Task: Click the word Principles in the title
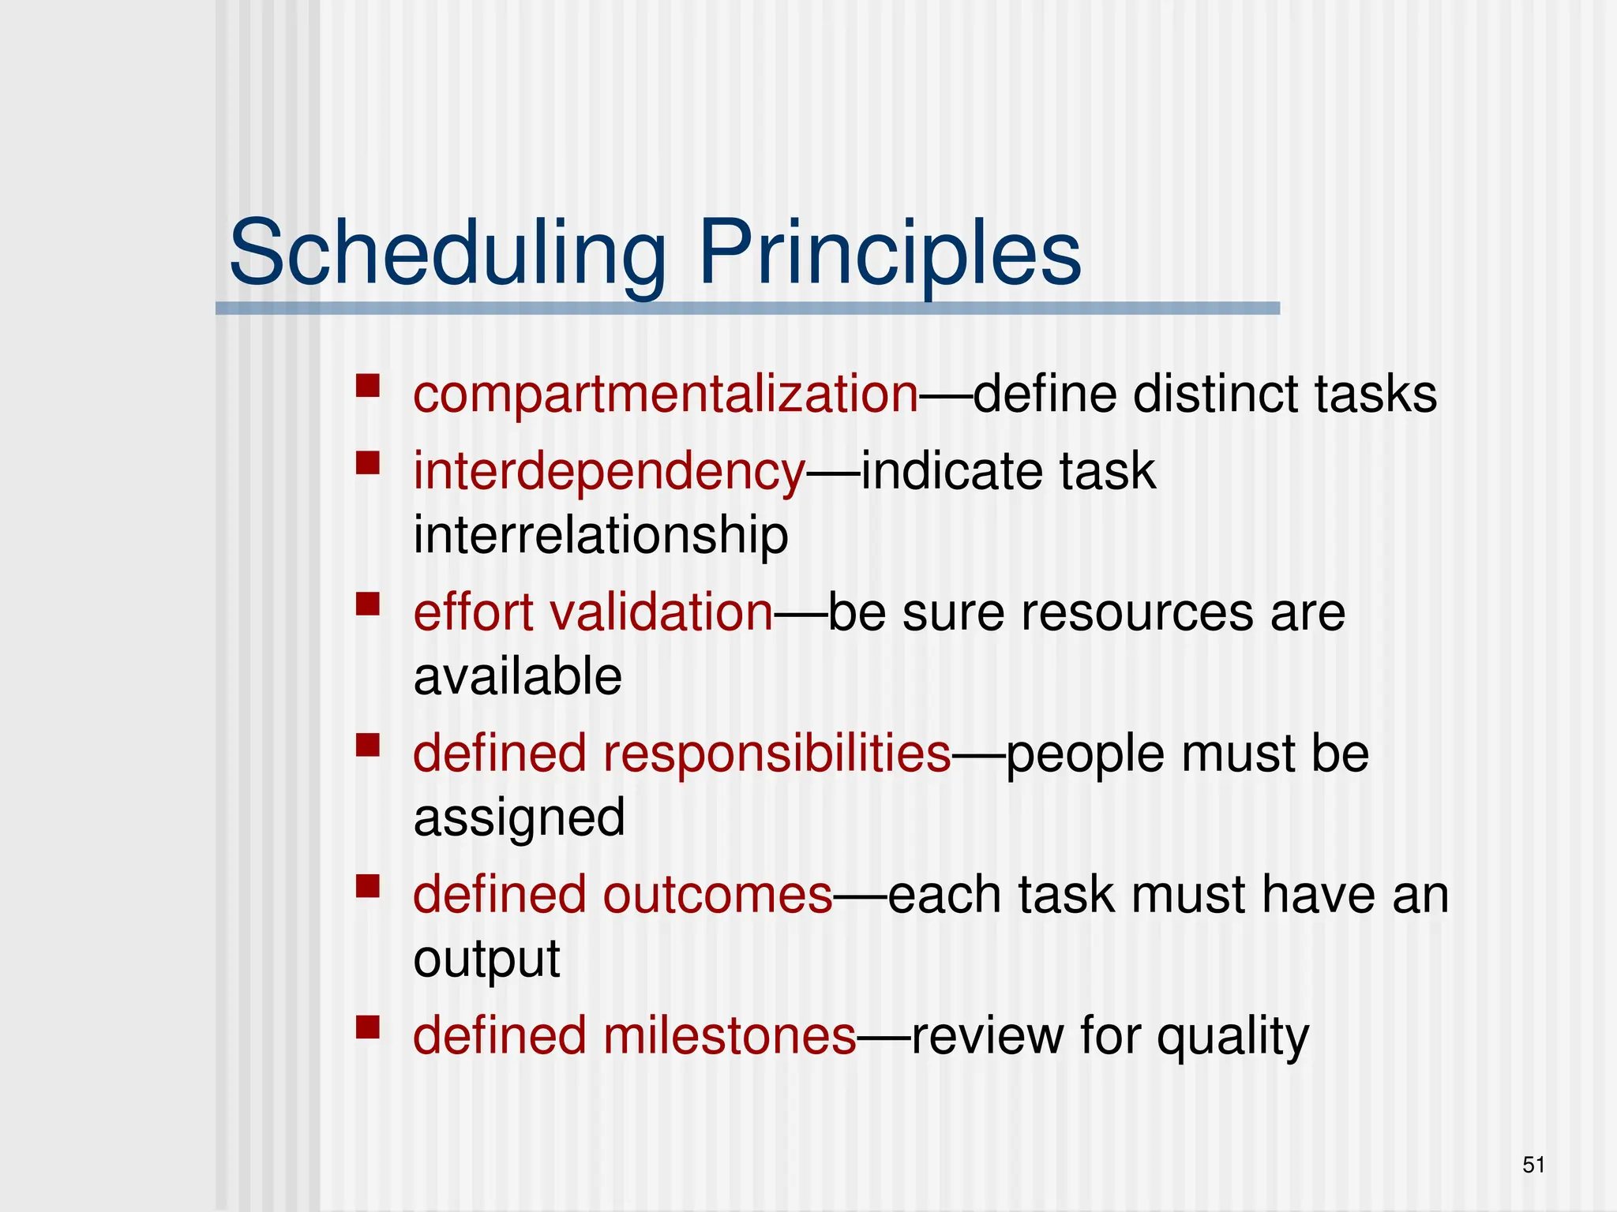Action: click(890, 254)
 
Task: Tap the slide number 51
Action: click(1533, 1165)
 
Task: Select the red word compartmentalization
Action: click(666, 394)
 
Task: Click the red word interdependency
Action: click(609, 471)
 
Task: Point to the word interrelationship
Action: click(601, 535)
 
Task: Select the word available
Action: click(518, 677)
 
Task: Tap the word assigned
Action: click(520, 817)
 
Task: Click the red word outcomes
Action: click(718, 895)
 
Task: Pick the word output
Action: click(486, 959)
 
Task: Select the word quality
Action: click(1232, 1037)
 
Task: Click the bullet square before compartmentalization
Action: click(368, 386)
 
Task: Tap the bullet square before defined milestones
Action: click(368, 1027)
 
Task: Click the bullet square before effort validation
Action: click(368, 604)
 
